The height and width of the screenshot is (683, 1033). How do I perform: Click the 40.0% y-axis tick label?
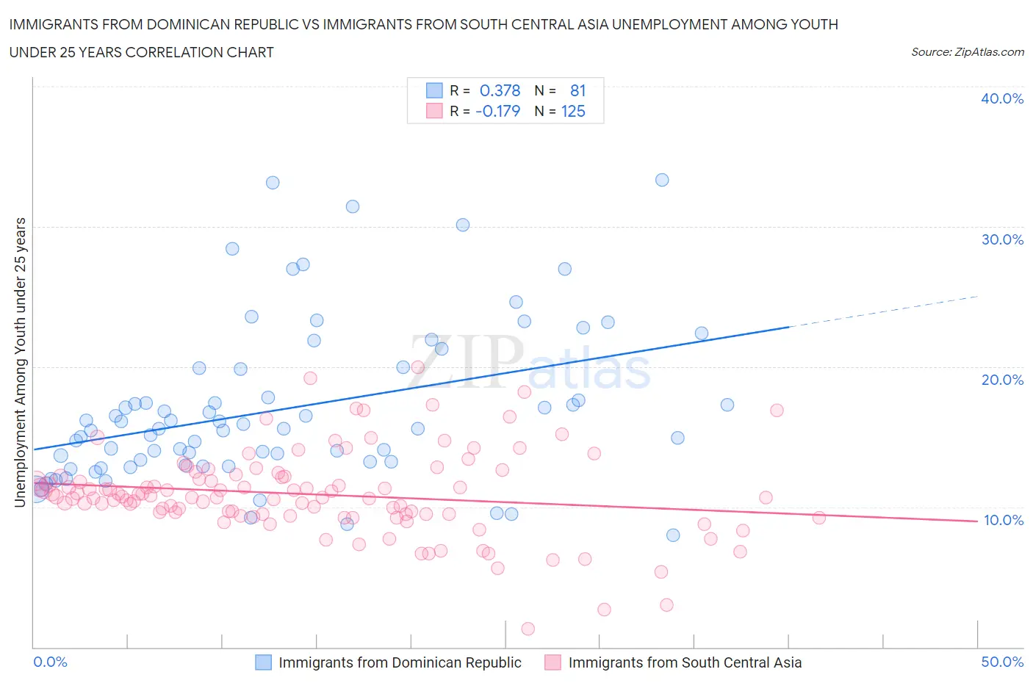point(1002,98)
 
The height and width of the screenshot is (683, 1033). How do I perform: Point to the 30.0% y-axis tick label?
point(1002,239)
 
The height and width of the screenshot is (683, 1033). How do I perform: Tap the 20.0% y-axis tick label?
point(1002,380)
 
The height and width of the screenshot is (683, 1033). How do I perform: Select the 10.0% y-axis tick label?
point(1002,520)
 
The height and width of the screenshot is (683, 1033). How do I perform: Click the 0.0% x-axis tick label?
point(50,662)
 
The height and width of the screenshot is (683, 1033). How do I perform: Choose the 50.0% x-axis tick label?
point(1002,662)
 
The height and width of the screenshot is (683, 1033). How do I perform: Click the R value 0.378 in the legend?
point(500,90)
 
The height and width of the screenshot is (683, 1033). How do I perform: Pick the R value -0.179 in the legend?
point(497,112)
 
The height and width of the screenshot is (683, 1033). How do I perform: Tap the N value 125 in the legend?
point(573,112)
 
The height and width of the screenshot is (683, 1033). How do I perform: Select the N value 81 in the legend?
point(577,90)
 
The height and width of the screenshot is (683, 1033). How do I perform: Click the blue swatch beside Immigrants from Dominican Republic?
point(263,662)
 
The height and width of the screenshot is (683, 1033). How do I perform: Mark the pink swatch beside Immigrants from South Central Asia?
point(553,662)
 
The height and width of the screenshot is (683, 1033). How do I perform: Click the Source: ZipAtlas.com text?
point(967,52)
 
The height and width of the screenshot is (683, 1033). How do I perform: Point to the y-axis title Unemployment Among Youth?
point(20,362)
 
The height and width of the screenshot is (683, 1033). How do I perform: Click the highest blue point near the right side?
point(662,180)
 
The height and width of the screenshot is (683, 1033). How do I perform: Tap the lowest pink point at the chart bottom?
point(528,629)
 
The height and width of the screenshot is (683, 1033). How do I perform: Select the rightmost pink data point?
point(819,518)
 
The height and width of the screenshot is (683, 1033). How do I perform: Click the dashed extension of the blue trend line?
point(882,311)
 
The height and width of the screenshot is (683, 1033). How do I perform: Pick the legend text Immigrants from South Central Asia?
point(685,662)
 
